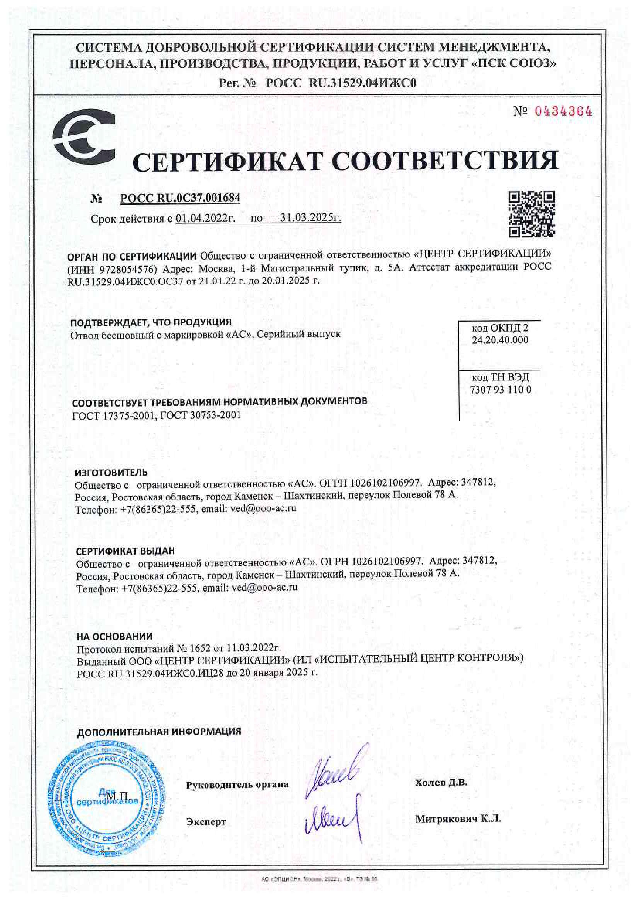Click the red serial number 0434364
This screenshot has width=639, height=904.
click(563, 112)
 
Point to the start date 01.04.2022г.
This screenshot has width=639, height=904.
click(205, 218)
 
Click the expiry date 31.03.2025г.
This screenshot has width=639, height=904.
click(310, 218)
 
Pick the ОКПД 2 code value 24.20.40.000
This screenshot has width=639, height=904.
click(500, 340)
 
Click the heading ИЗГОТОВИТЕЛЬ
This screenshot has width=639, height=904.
click(111, 472)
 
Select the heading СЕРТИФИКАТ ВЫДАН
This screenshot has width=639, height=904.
click(125, 551)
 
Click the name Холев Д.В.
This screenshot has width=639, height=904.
click(441, 782)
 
